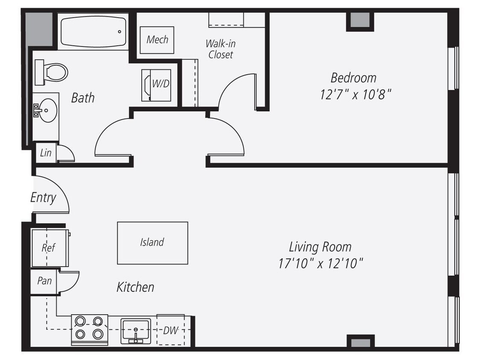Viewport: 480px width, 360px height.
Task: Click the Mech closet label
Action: pos(157,40)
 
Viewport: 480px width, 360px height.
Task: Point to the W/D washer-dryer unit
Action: pos(157,85)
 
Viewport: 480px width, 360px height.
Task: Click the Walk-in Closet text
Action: pos(220,49)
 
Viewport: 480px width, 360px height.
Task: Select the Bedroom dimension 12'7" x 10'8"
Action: pos(355,94)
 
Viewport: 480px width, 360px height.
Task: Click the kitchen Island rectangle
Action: pos(152,242)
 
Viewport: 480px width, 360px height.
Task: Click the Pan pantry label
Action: pos(44,281)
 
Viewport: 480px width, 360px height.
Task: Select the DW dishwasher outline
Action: pos(171,330)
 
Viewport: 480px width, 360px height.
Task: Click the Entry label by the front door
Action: pos(43,197)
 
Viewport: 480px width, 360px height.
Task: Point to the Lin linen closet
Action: pos(46,152)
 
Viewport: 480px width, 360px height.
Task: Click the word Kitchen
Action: pos(135,287)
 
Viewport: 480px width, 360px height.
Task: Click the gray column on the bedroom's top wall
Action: pos(360,20)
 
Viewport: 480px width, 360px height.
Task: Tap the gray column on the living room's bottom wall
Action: pos(360,342)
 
